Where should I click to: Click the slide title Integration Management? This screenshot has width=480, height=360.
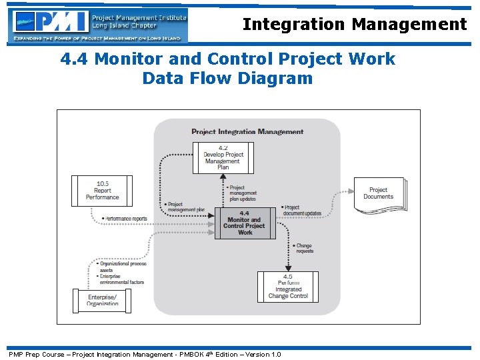pos(354,25)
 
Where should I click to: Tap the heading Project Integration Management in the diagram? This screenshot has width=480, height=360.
pos(247,132)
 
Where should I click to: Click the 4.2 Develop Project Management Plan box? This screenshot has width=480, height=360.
pos(223,157)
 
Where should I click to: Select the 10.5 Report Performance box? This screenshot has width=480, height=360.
pos(102,191)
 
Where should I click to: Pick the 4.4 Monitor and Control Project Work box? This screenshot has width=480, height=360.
pos(245,223)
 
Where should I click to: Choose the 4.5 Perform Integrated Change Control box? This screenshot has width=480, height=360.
pos(288,287)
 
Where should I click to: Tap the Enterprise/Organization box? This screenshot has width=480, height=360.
pos(102,300)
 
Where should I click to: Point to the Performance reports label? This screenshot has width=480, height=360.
pos(126,219)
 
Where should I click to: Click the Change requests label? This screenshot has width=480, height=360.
pos(303,249)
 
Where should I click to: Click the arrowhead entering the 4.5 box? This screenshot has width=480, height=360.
pos(288,268)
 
